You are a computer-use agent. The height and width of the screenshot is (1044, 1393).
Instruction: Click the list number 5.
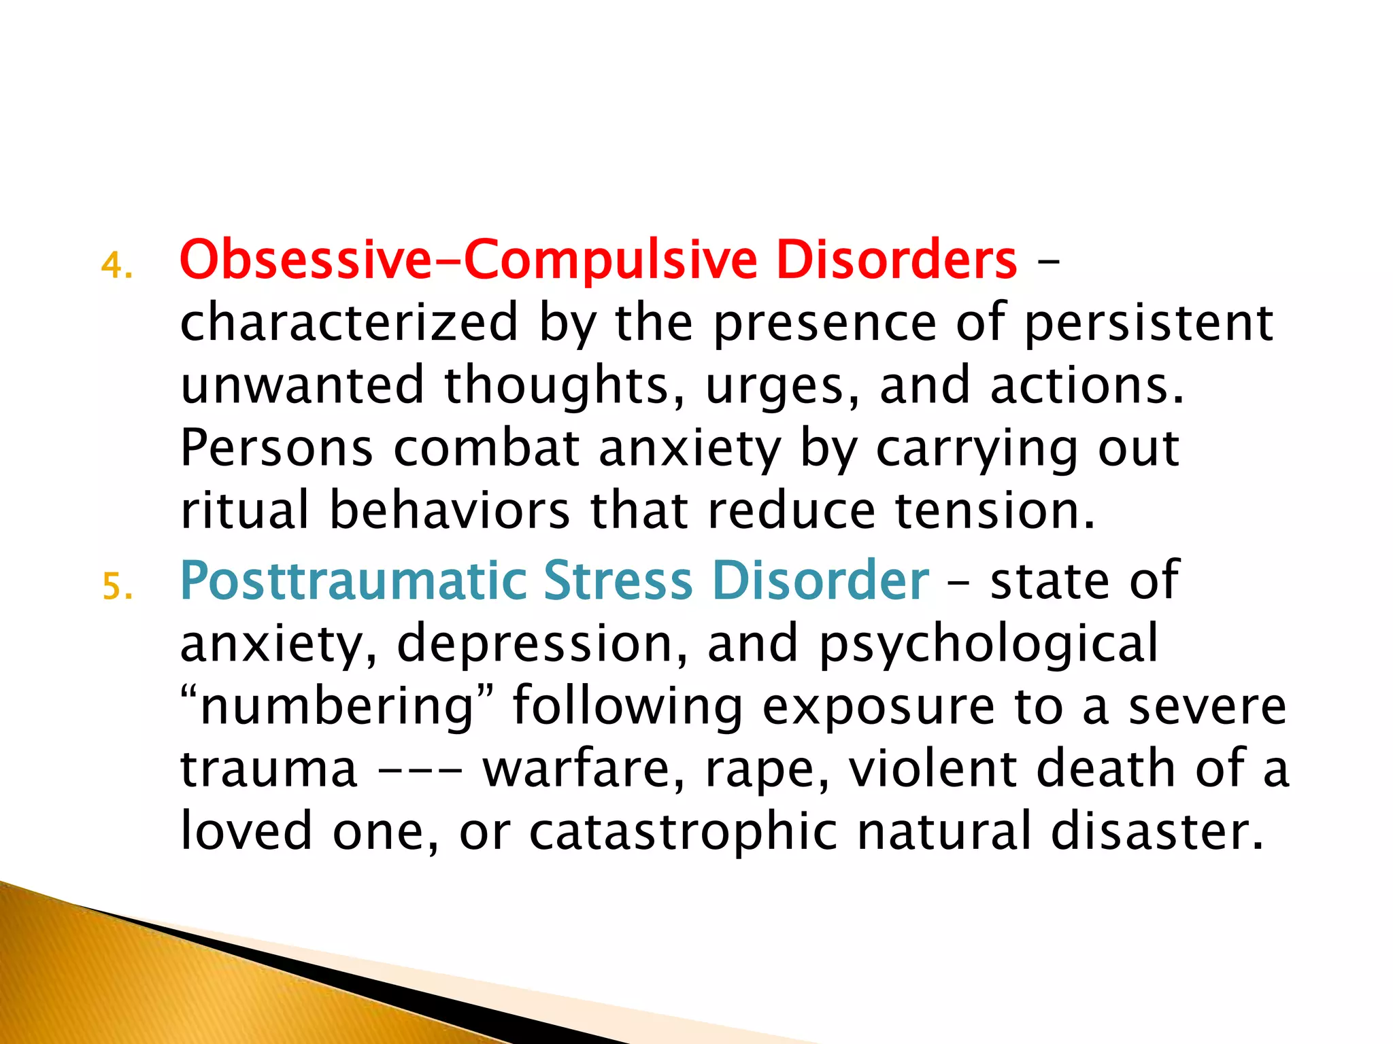(117, 587)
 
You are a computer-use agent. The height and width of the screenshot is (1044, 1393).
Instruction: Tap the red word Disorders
(896, 260)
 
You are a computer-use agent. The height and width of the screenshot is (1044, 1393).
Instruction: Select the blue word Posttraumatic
(354, 581)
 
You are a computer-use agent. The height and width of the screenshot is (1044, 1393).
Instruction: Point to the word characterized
(349, 323)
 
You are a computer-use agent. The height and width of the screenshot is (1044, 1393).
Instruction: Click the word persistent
(1148, 323)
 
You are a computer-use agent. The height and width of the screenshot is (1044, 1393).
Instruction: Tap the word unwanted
(302, 385)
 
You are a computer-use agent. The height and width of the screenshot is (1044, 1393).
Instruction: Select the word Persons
(276, 449)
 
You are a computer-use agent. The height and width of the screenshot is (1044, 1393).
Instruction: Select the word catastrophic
(683, 833)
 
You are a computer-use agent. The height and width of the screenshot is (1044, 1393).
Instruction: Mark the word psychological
(988, 644)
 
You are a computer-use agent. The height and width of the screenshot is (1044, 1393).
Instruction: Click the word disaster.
(1156, 833)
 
